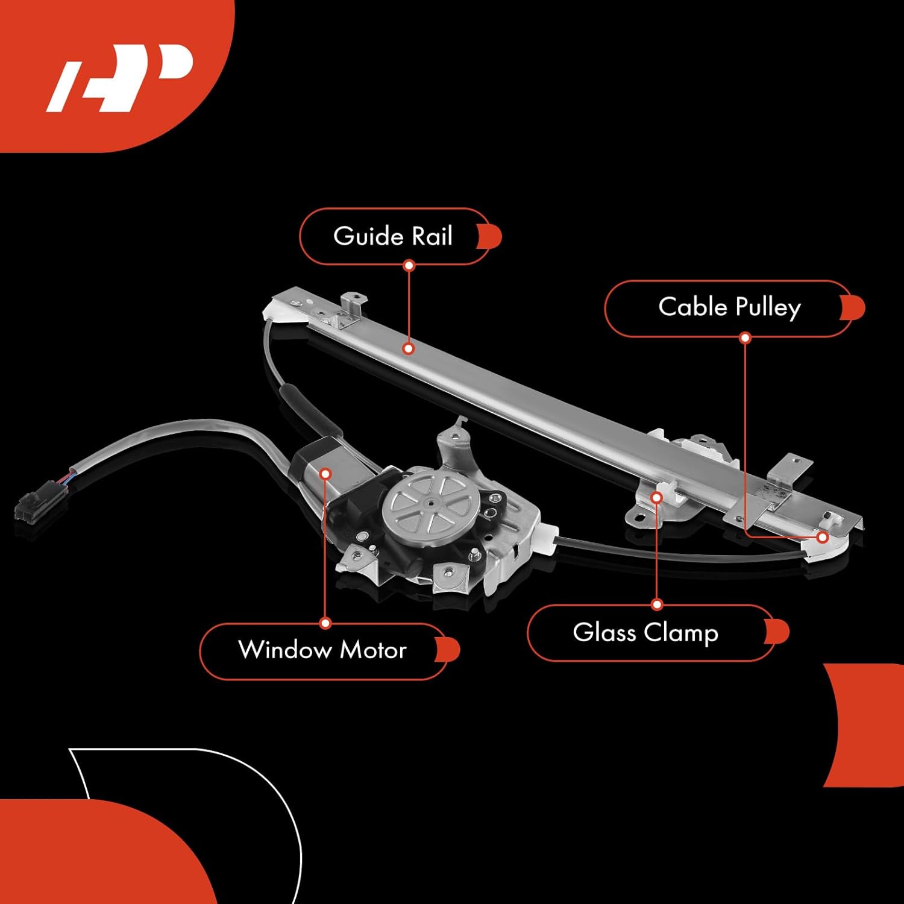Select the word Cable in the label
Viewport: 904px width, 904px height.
(692, 307)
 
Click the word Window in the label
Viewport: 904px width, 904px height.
(284, 650)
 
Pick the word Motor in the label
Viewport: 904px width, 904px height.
(373, 650)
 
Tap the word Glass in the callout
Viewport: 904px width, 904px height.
(604, 633)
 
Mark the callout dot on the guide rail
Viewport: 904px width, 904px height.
(409, 348)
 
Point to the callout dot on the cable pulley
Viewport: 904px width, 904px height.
(823, 536)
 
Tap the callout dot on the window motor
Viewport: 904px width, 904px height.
(325, 474)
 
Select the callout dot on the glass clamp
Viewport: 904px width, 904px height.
(657, 497)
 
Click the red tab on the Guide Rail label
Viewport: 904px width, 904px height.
(491, 236)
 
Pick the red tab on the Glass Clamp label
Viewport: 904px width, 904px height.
(779, 632)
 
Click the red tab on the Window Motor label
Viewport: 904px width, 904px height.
(450, 650)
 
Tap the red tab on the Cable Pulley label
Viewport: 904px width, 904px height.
(855, 308)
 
